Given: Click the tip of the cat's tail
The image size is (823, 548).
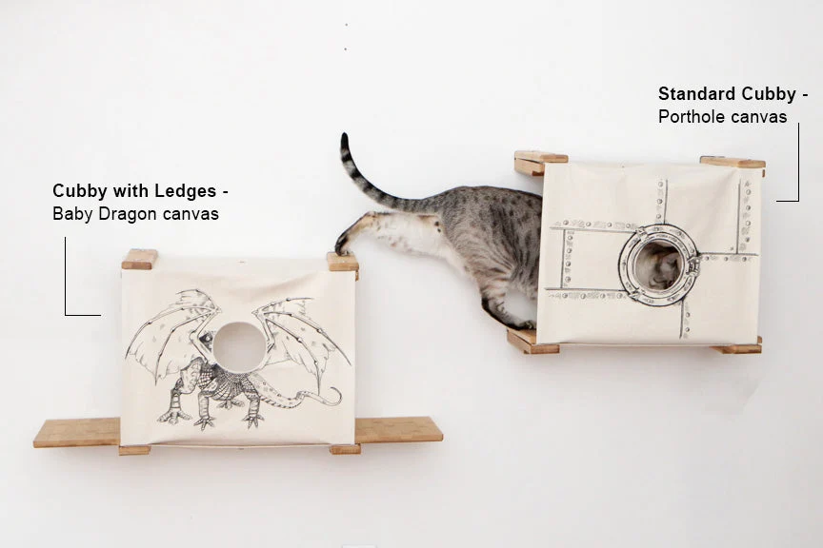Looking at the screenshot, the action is tap(344, 136).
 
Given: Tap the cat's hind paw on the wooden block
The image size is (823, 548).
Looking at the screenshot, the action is tap(342, 245).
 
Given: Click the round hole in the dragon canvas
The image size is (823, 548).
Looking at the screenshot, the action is tap(239, 345).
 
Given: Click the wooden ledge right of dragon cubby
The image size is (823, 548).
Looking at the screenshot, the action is tap(398, 429).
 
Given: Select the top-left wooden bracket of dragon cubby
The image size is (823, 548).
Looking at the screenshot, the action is tap(140, 260).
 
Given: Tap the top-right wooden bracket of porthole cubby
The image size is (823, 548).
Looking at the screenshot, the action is tap(733, 162).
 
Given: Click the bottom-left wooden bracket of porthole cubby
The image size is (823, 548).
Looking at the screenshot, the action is tap(532, 341).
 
